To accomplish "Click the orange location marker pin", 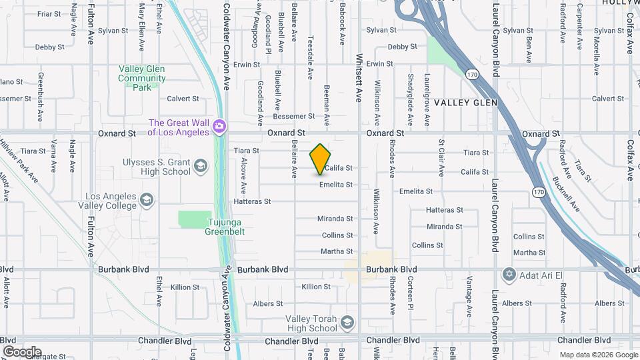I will pos(321,159).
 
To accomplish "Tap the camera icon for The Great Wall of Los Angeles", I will pos(219,125).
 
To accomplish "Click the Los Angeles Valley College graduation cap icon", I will pos(147,199).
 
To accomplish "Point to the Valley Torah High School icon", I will pos(347,323).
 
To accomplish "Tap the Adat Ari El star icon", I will pos(510,274).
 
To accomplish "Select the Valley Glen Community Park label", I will pos(142,77).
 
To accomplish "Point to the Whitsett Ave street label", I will pos(359,78).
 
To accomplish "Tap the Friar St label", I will pos(49,13).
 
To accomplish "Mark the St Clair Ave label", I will pos(441,159).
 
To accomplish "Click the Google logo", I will pos(22,352).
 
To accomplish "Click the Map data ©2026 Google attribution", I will pos(597,355).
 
